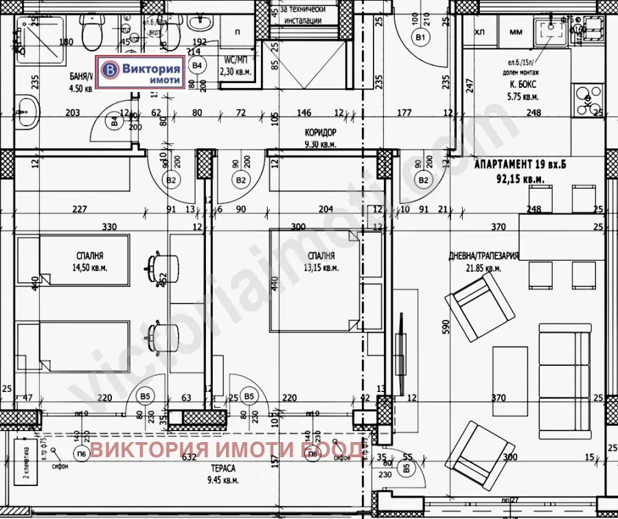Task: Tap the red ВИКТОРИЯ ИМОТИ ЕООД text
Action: click(x=227, y=450)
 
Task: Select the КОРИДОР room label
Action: click(x=320, y=132)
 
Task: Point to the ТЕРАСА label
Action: click(x=223, y=468)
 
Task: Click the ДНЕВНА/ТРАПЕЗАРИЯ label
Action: click(x=483, y=255)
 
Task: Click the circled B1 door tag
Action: click(x=420, y=36)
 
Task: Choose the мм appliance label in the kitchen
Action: click(x=516, y=31)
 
